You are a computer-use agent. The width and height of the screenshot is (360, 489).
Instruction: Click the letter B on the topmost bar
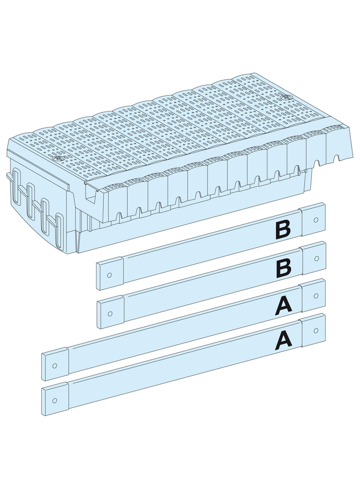(x=283, y=231)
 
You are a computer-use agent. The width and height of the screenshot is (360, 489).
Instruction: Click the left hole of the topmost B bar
(x=109, y=275)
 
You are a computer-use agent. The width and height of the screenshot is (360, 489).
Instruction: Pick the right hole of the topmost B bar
(x=315, y=220)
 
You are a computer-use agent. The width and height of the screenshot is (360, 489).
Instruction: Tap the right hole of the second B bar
(x=316, y=259)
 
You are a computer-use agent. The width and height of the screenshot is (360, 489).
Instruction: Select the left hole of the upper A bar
(x=55, y=366)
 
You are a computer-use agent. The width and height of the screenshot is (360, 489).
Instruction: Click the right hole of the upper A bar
(x=316, y=295)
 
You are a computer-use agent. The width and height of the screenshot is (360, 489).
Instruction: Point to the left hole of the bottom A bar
(x=55, y=400)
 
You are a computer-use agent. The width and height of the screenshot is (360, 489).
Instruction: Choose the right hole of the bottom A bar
(x=316, y=330)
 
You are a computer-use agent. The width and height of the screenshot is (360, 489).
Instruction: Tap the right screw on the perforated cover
(x=285, y=97)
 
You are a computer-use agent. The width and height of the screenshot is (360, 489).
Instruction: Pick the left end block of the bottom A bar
(x=55, y=399)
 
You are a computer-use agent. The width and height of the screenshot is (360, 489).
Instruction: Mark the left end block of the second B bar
(x=111, y=312)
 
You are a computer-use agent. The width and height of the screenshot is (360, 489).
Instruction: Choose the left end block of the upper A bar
(x=55, y=364)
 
